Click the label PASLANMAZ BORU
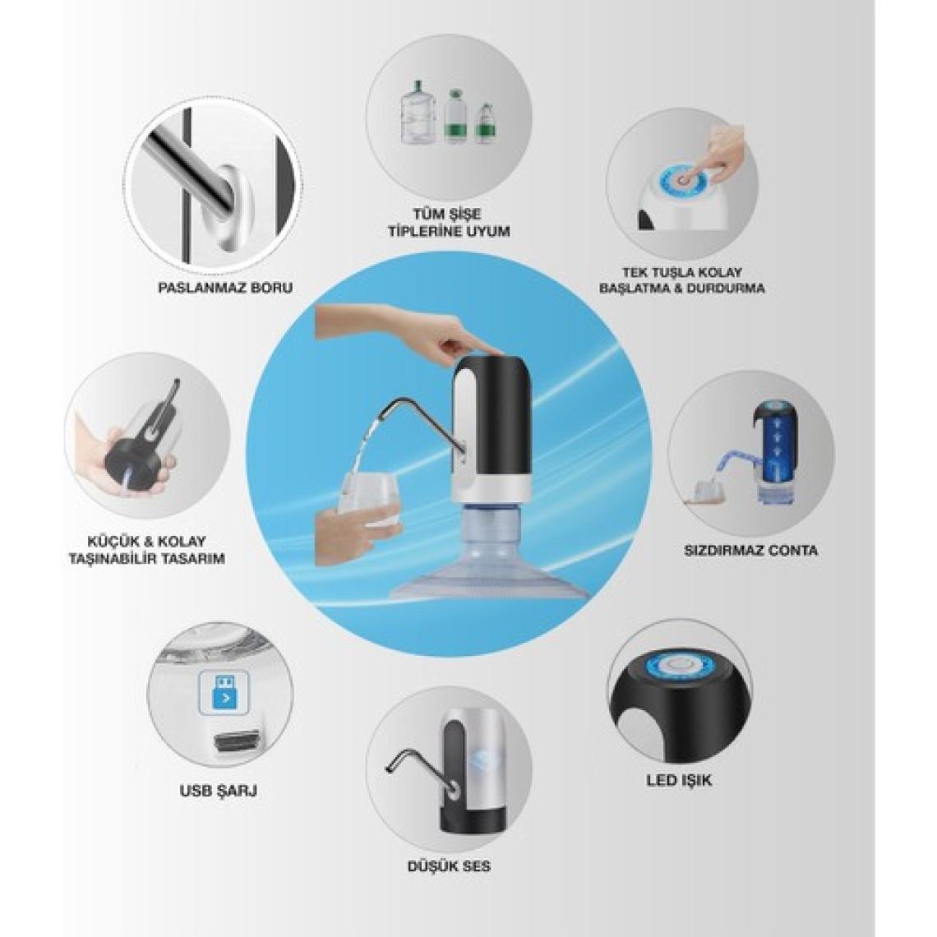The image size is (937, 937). pos(225,288)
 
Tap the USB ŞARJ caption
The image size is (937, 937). pos(219,791)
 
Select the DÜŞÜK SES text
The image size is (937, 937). pos(449,865)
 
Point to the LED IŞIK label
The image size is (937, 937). pos(679,781)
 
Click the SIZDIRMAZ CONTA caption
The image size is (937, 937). pos(750,550)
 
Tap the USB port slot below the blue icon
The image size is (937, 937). pos(238,742)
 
